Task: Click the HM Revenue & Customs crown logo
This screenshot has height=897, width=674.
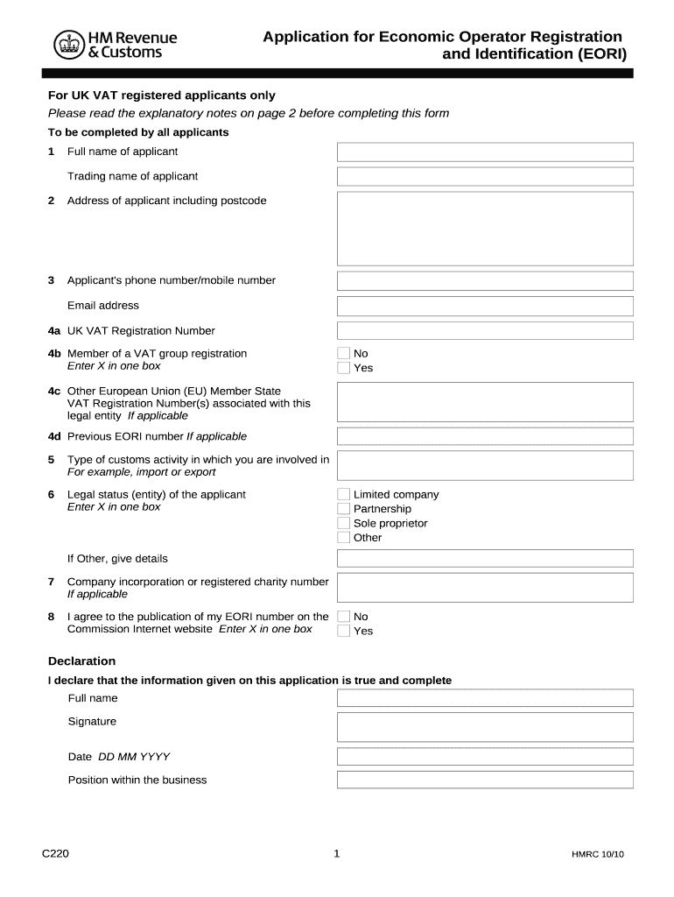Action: (x=67, y=45)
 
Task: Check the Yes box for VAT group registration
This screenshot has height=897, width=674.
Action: (x=344, y=368)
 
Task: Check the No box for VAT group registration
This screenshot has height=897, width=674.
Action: (x=344, y=354)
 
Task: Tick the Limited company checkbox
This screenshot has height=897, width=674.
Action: (x=344, y=495)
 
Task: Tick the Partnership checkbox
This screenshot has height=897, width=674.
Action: (x=344, y=509)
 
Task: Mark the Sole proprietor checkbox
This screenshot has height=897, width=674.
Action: (x=344, y=523)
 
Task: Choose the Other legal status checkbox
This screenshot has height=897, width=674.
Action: (x=344, y=537)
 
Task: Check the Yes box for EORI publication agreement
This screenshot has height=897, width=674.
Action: (x=344, y=631)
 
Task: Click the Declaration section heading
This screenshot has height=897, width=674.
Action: (x=81, y=661)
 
